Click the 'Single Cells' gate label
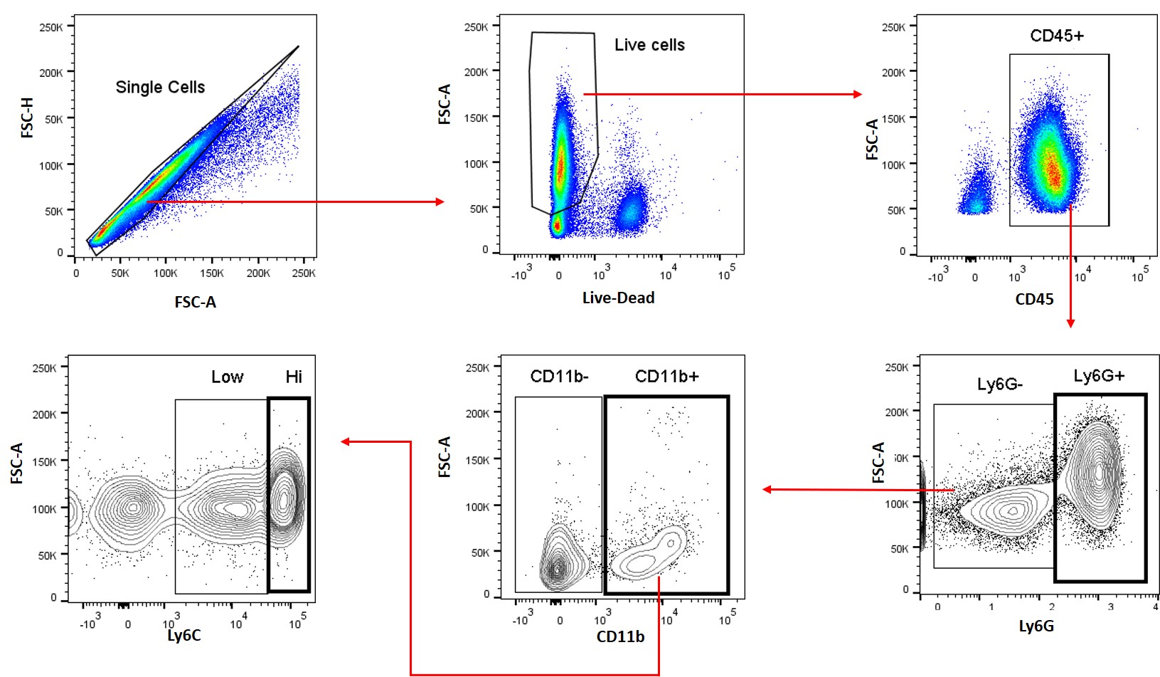pyautogui.click(x=160, y=87)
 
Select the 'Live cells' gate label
pyautogui.click(x=649, y=45)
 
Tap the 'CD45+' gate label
pyautogui.click(x=1057, y=36)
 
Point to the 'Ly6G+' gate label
pyautogui.click(x=1099, y=375)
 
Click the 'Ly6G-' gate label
pyautogui.click(x=1000, y=384)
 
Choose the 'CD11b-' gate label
pyautogui.click(x=559, y=376)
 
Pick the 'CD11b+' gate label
pyautogui.click(x=667, y=376)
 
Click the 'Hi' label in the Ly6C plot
pyautogui.click(x=294, y=377)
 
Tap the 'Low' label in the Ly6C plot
pyautogui.click(x=228, y=377)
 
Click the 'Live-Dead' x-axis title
pyautogui.click(x=618, y=298)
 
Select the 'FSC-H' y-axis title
pyautogui.click(x=27, y=117)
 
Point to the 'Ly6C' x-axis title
pyautogui.click(x=183, y=635)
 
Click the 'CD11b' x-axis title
pyautogui.click(x=620, y=636)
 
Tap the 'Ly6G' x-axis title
pyautogui.click(x=1036, y=626)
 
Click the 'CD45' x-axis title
pyautogui.click(x=1034, y=299)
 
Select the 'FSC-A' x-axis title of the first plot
pyautogui.click(x=196, y=302)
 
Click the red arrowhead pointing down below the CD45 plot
pyautogui.click(x=1071, y=323)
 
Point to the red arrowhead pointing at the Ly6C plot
pyautogui.click(x=346, y=441)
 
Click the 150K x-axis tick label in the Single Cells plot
pyautogui.click(x=211, y=273)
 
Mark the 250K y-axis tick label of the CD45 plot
pyautogui.click(x=894, y=27)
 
